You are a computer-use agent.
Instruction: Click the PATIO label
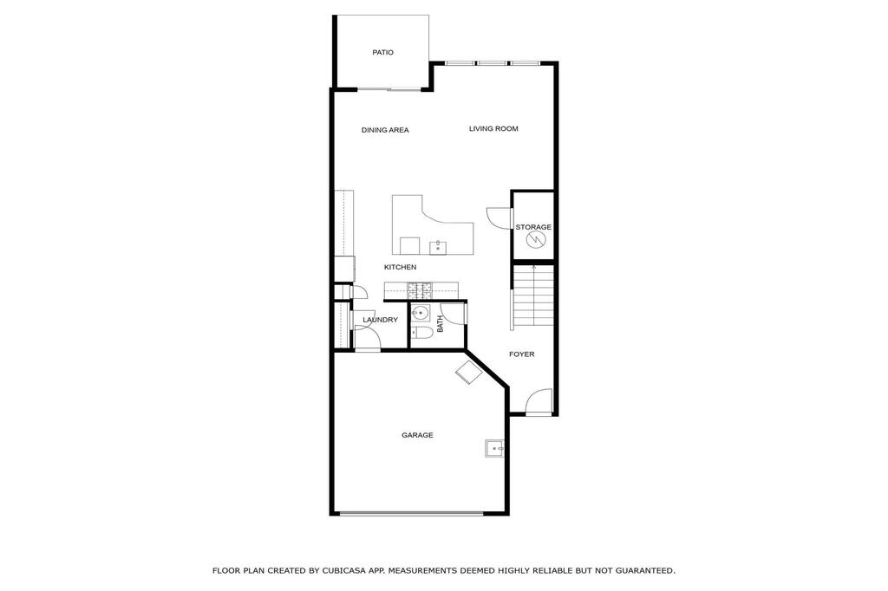coord(382,52)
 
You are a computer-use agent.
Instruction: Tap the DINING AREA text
coord(385,130)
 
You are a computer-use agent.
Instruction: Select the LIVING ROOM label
coord(493,128)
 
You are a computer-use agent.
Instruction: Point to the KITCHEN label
coord(401,267)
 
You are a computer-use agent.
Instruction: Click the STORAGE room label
coord(533,227)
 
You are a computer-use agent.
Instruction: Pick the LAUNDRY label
coord(380,320)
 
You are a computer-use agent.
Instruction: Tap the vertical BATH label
coord(440,324)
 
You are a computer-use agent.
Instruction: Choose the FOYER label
coord(521,354)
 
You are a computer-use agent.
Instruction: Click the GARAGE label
coord(417,435)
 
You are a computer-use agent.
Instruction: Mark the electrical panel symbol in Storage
coord(534,241)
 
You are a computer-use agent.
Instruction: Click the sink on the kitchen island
coord(438,247)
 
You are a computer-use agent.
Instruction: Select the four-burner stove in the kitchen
coord(420,290)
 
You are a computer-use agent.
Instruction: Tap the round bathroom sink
coord(420,313)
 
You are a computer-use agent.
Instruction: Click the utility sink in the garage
coord(495,448)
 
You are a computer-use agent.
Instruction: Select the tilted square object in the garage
coord(469,372)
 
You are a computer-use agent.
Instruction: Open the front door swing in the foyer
coord(539,401)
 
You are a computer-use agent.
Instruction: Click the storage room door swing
coord(499,218)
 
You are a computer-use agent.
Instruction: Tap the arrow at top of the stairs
coord(533,267)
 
